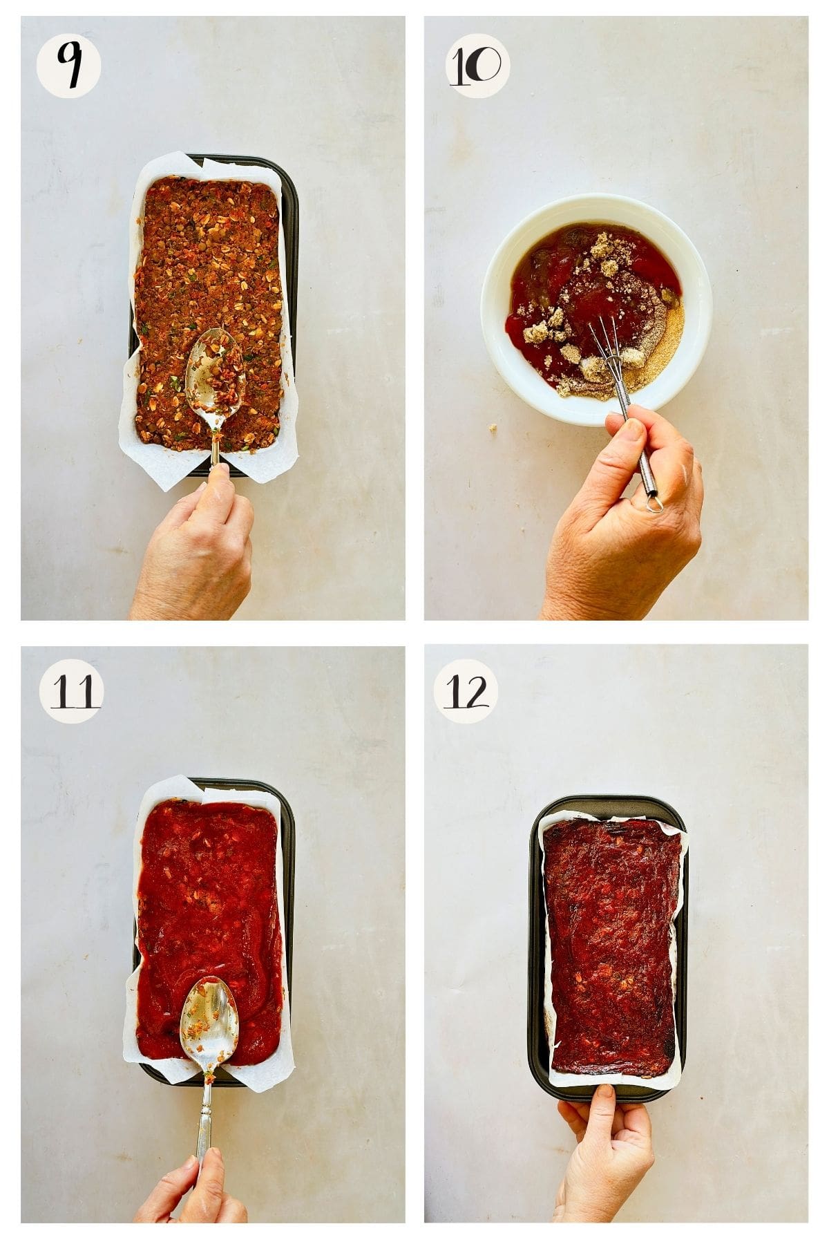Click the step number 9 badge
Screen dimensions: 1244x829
68,66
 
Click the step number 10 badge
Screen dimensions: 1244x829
477,66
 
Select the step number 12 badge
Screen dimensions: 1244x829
466,691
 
